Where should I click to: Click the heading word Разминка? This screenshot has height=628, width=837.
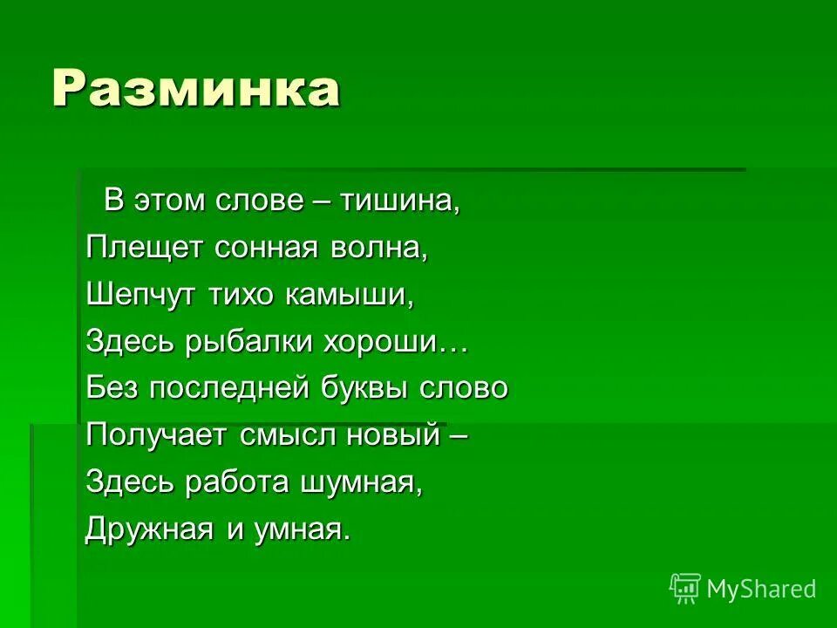(195, 89)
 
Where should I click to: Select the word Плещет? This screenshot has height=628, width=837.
(145, 248)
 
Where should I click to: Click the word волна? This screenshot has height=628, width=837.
(384, 248)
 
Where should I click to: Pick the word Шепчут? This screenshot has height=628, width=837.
(142, 295)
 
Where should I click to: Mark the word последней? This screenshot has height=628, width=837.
(229, 388)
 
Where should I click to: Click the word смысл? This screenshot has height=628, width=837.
(283, 435)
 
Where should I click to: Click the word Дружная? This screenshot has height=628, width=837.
(151, 529)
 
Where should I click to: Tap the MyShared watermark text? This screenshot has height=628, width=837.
(761, 589)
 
